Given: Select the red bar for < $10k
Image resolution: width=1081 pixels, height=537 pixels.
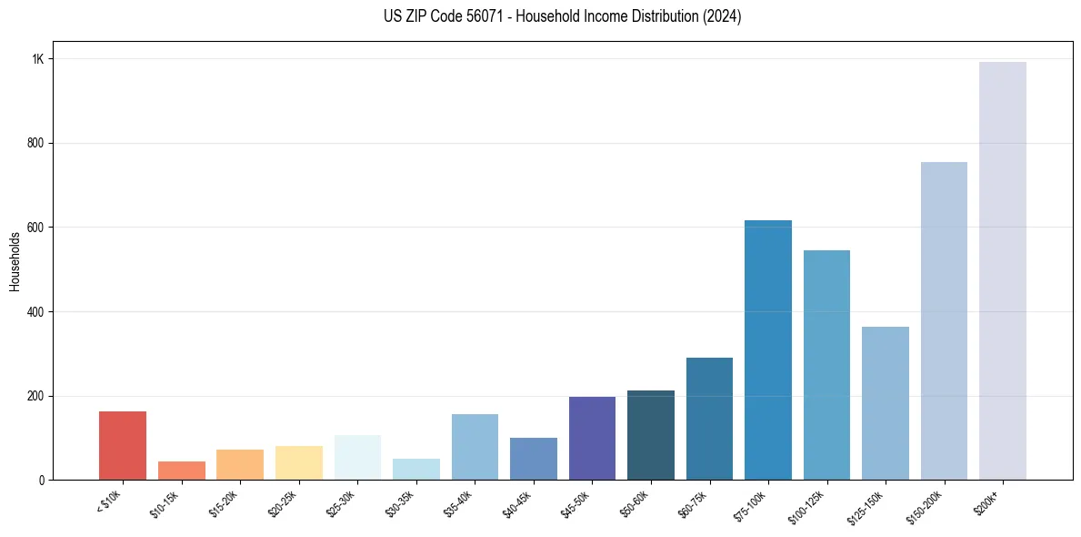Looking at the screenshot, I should click(x=122, y=446).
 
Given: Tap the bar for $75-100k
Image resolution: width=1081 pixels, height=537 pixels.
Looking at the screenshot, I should click(x=767, y=350).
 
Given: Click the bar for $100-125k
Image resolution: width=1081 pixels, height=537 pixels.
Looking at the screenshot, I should click(x=826, y=365).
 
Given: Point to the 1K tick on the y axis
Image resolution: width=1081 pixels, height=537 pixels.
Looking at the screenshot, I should click(x=38, y=59).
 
